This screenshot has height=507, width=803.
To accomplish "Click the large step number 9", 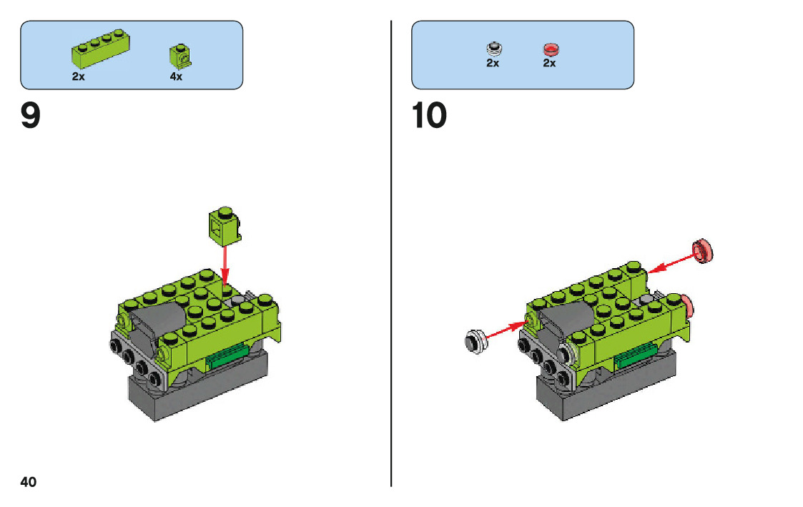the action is (31, 116).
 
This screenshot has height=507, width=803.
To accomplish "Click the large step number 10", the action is (430, 116).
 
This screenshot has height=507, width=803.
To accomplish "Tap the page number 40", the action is (28, 481).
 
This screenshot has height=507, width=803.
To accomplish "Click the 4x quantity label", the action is (177, 77).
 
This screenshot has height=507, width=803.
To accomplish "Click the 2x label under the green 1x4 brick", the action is (79, 77).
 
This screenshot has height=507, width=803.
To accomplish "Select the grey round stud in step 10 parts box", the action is (493, 49).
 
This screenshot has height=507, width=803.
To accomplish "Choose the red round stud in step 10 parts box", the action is (550, 49).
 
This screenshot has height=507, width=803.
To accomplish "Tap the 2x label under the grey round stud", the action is (493, 63).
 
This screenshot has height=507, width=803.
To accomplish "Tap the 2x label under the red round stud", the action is (549, 63).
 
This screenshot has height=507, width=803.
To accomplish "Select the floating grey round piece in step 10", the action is (476, 340).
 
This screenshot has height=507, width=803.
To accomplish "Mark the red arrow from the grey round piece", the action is (505, 330).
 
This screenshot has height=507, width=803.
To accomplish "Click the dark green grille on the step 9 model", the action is (229, 355).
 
